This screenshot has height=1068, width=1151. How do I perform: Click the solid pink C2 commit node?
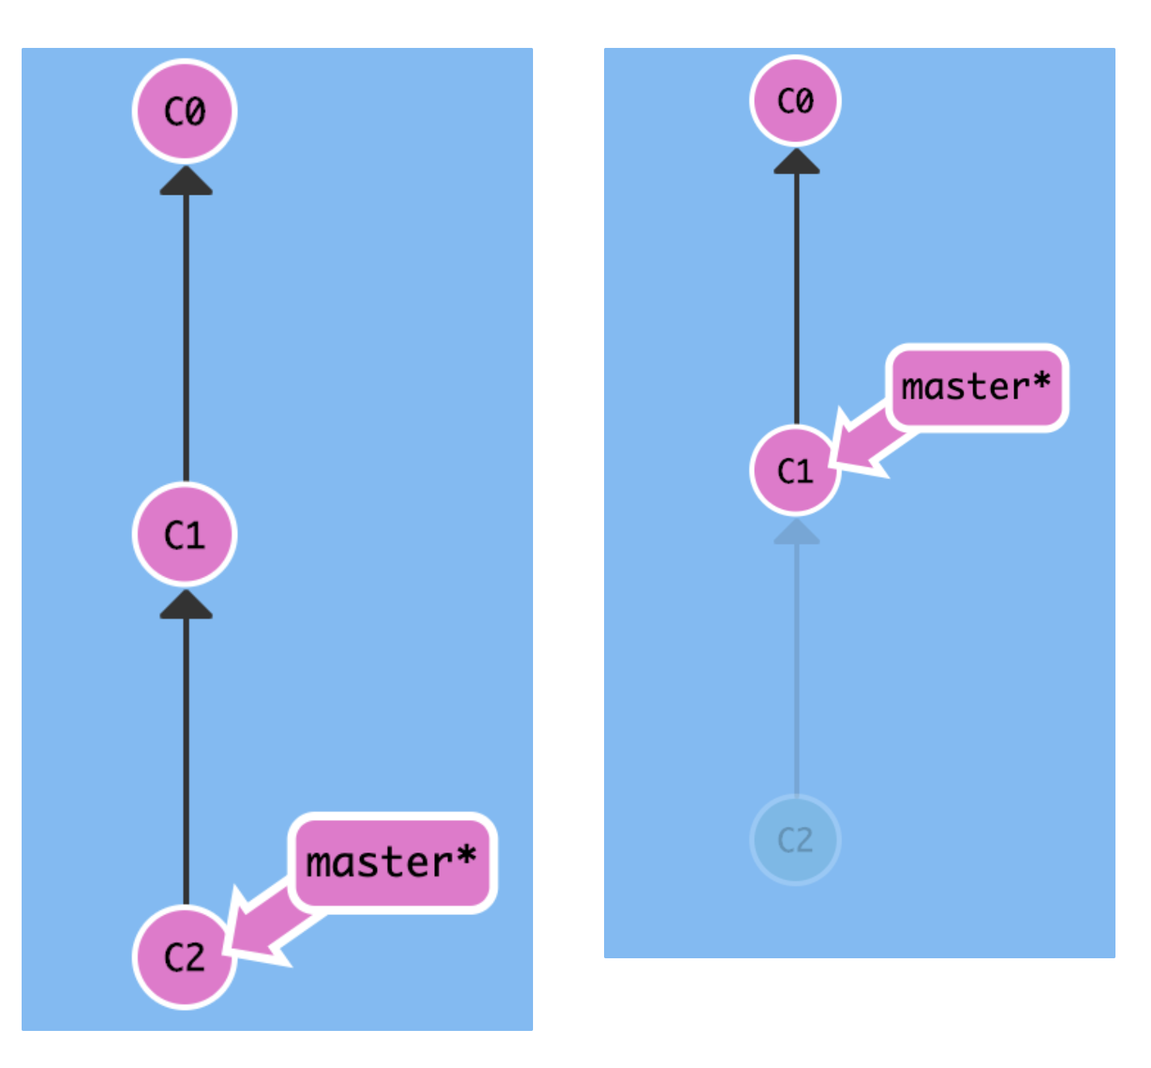(185, 957)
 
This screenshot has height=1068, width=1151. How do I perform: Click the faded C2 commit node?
(795, 840)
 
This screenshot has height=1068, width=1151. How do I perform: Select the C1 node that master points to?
(795, 470)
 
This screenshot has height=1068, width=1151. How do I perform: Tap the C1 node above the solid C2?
(185, 534)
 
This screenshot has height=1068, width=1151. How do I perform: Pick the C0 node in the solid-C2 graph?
(185, 111)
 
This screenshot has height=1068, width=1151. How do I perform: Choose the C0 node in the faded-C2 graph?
(795, 100)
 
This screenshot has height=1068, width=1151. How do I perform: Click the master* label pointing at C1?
(976, 387)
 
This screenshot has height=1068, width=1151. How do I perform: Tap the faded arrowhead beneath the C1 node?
(796, 532)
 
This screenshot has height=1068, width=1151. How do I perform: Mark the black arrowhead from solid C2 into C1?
(186, 606)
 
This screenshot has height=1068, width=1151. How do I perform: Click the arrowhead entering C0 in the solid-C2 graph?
(186, 182)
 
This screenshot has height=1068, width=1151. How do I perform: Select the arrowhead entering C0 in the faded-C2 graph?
(796, 162)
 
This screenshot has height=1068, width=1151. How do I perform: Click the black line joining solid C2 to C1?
(186, 757)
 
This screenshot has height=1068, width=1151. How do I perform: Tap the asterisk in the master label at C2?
(467, 856)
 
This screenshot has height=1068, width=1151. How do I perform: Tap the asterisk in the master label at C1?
(1041, 380)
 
